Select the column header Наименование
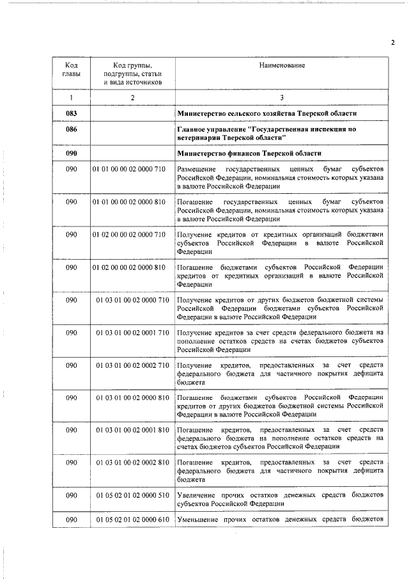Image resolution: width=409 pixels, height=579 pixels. pyautogui.click(x=282, y=66)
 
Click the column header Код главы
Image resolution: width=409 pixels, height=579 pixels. pyautogui.click(x=72, y=70)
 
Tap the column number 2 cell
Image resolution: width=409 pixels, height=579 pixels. pyautogui.click(x=132, y=97)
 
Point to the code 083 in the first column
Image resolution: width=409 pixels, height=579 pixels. pyautogui.click(x=72, y=113)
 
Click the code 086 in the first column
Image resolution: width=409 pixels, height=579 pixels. pyautogui.click(x=72, y=129)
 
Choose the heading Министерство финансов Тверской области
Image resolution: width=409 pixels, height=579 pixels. pyautogui.click(x=248, y=154)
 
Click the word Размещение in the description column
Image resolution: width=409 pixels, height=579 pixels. pyautogui.click(x=199, y=169)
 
